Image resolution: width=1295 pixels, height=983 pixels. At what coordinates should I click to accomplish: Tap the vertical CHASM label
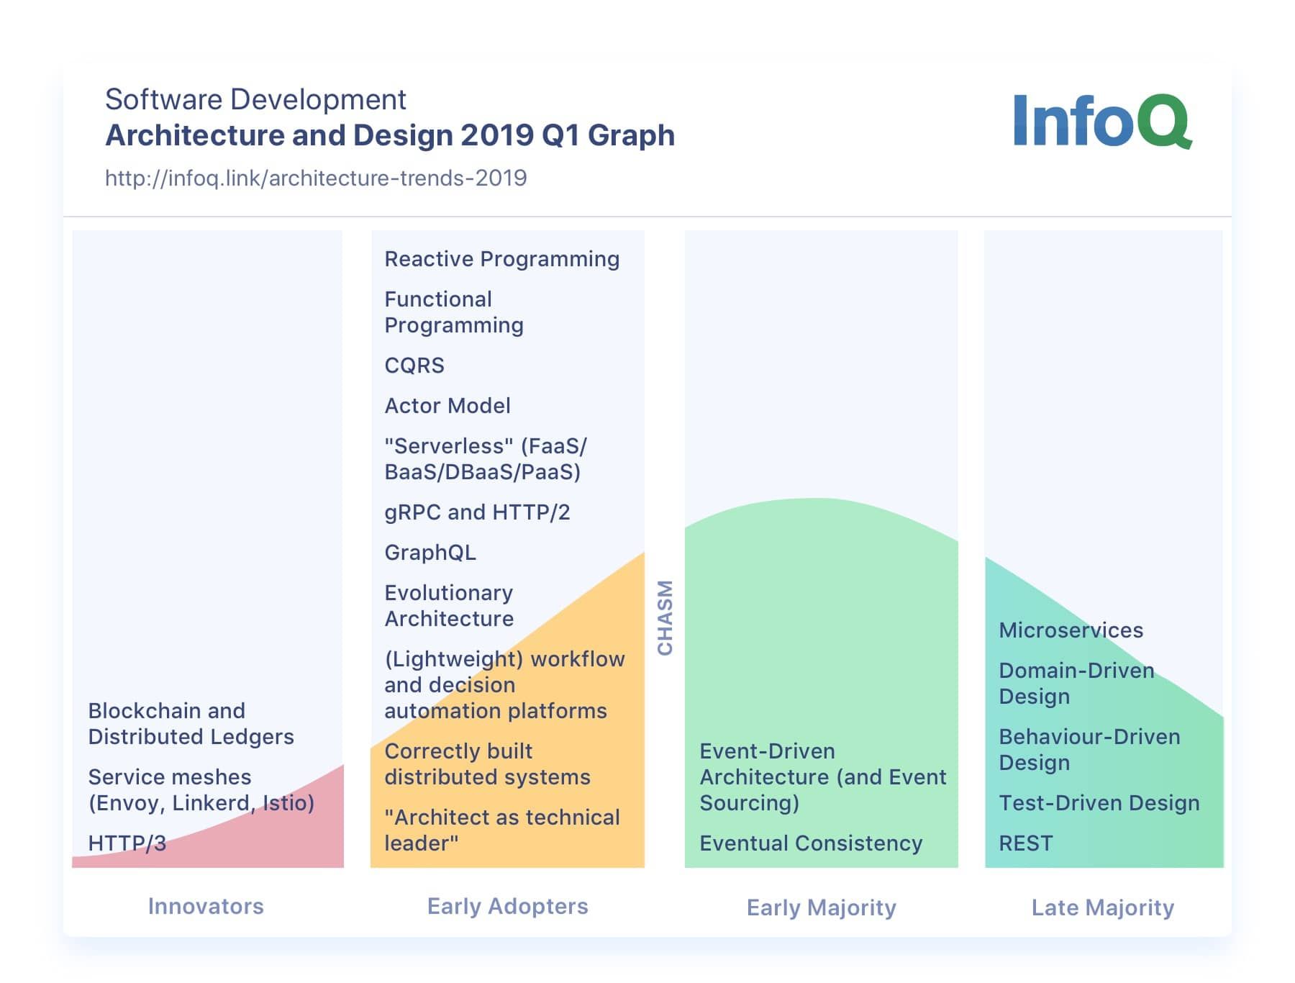tap(665, 617)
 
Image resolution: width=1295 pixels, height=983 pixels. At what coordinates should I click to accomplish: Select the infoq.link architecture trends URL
tap(316, 178)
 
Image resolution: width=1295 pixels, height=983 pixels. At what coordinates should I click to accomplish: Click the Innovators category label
tap(206, 906)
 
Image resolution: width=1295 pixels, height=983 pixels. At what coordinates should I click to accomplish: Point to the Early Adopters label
tap(507, 906)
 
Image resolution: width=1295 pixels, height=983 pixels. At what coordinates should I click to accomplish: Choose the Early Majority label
tap(821, 907)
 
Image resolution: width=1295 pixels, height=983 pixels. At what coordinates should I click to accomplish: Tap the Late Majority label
tap(1102, 907)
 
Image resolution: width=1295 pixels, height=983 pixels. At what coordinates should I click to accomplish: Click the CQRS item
tap(414, 366)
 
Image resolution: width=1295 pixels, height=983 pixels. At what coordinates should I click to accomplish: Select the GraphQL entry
tap(430, 553)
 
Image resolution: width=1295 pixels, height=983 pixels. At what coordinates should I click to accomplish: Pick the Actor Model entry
tap(447, 406)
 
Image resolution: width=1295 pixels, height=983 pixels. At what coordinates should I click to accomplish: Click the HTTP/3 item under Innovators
tap(127, 843)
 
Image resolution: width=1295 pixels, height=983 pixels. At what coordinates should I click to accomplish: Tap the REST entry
tap(1025, 843)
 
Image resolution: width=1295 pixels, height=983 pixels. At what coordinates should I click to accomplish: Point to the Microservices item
tap(1071, 630)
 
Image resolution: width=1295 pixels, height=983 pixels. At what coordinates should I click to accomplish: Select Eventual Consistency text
tap(811, 843)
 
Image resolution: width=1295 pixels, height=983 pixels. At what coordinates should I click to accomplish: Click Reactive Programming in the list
tap(501, 259)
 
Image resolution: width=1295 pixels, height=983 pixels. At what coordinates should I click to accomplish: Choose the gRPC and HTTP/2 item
tap(477, 512)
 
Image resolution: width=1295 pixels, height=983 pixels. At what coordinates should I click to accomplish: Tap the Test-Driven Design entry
tap(1099, 802)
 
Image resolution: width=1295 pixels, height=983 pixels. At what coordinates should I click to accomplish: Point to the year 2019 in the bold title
tap(496, 135)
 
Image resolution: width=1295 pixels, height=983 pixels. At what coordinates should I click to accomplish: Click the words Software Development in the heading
tap(255, 99)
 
